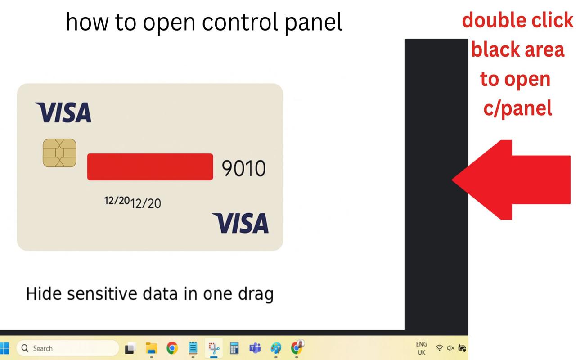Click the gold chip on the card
(59, 153)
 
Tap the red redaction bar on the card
(150, 166)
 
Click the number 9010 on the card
(243, 168)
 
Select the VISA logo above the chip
(63, 112)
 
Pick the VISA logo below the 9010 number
(240, 223)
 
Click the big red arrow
(511, 180)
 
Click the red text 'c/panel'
(517, 109)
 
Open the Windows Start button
(4, 348)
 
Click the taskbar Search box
(67, 348)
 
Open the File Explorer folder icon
(152, 348)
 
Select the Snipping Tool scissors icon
(214, 348)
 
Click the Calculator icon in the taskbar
(234, 348)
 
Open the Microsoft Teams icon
(255, 348)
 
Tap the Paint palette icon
(276, 348)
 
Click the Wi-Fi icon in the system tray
(440, 348)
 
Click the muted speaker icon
(451, 348)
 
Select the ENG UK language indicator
(422, 348)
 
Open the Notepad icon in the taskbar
(193, 348)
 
